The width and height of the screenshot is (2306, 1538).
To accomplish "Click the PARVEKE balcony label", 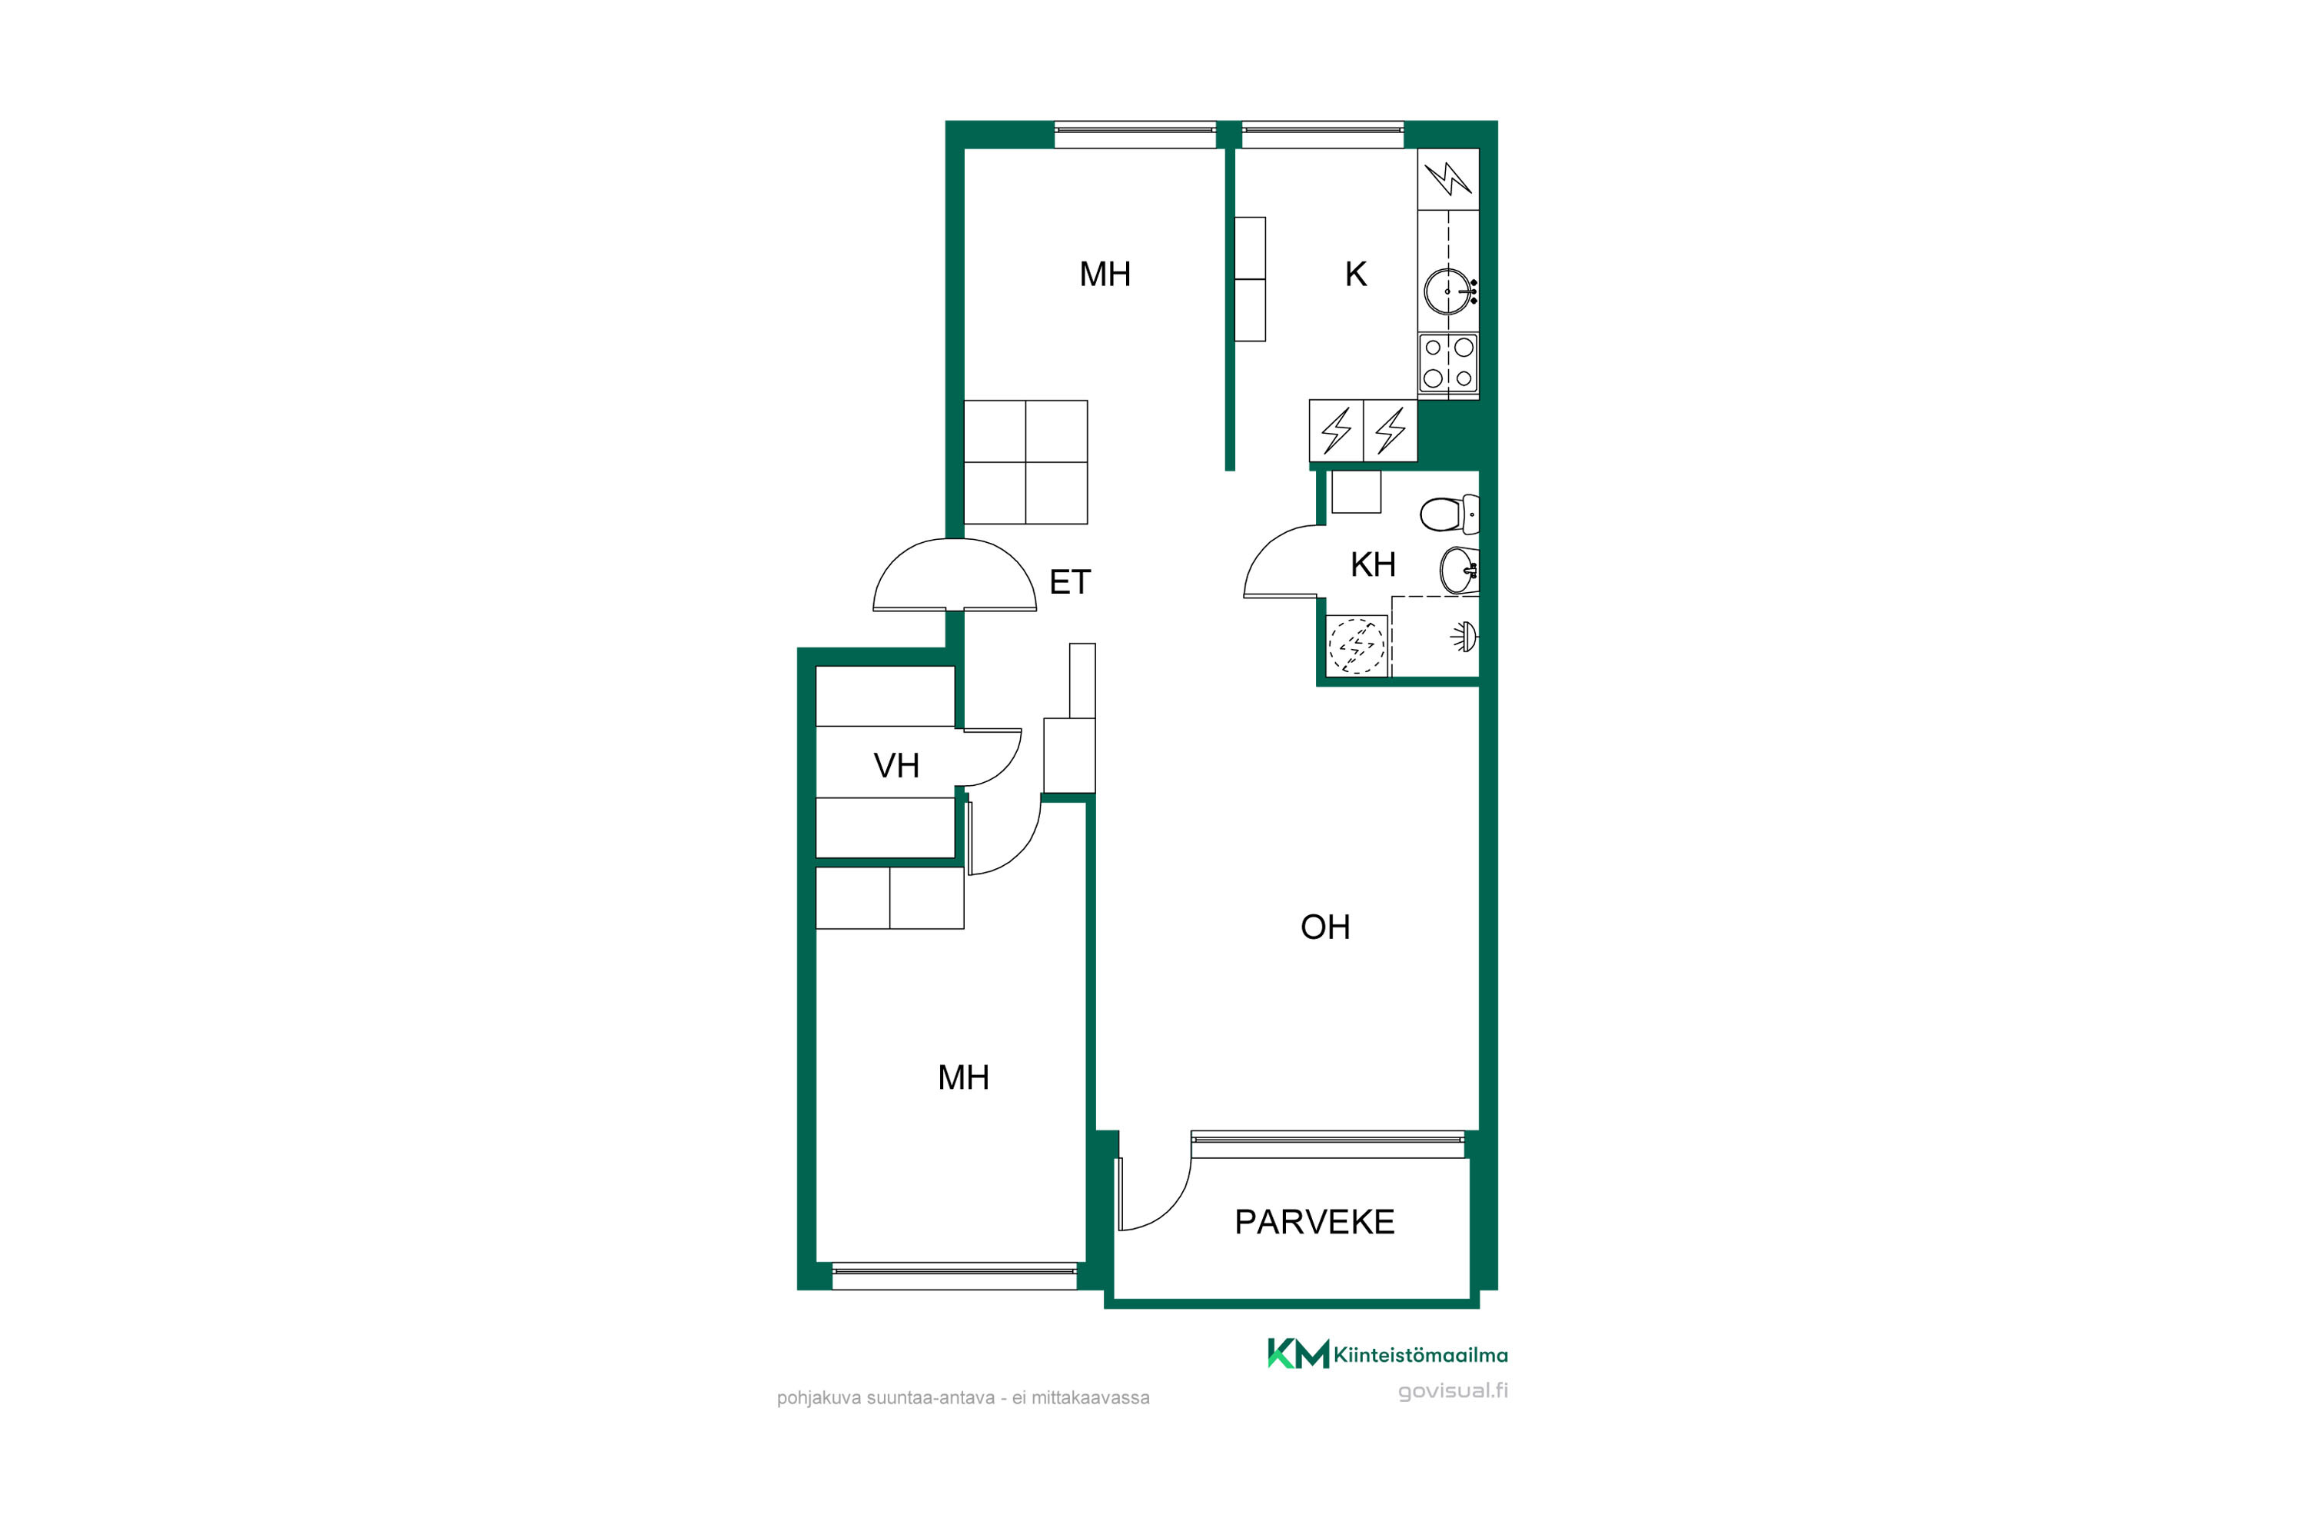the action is click(x=1314, y=1222).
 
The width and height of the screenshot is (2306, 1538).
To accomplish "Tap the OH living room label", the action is click(x=1324, y=927).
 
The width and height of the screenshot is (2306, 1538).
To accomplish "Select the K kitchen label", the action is click(x=1355, y=275).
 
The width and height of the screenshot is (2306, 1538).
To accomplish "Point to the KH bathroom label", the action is click(x=1373, y=565).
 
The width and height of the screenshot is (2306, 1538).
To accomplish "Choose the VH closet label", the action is click(x=896, y=766).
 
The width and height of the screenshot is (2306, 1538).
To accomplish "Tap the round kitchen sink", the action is click(x=1449, y=291).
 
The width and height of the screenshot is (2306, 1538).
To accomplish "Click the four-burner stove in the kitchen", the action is click(x=1448, y=363).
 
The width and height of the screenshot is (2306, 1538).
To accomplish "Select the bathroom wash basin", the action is click(x=1459, y=570).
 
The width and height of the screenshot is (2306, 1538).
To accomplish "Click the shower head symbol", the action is click(x=1465, y=637).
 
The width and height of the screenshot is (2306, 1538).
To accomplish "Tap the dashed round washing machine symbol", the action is click(x=1356, y=645).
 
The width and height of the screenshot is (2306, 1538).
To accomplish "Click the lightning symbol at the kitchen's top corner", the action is click(x=1448, y=178).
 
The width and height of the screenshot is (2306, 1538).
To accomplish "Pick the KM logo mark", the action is click(x=1298, y=1353).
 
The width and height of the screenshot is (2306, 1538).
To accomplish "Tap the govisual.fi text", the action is click(x=1453, y=1391).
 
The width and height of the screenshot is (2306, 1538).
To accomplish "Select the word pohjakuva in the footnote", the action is click(x=816, y=1399).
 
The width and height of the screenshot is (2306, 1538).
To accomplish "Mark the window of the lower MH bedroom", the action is click(x=954, y=1276).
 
